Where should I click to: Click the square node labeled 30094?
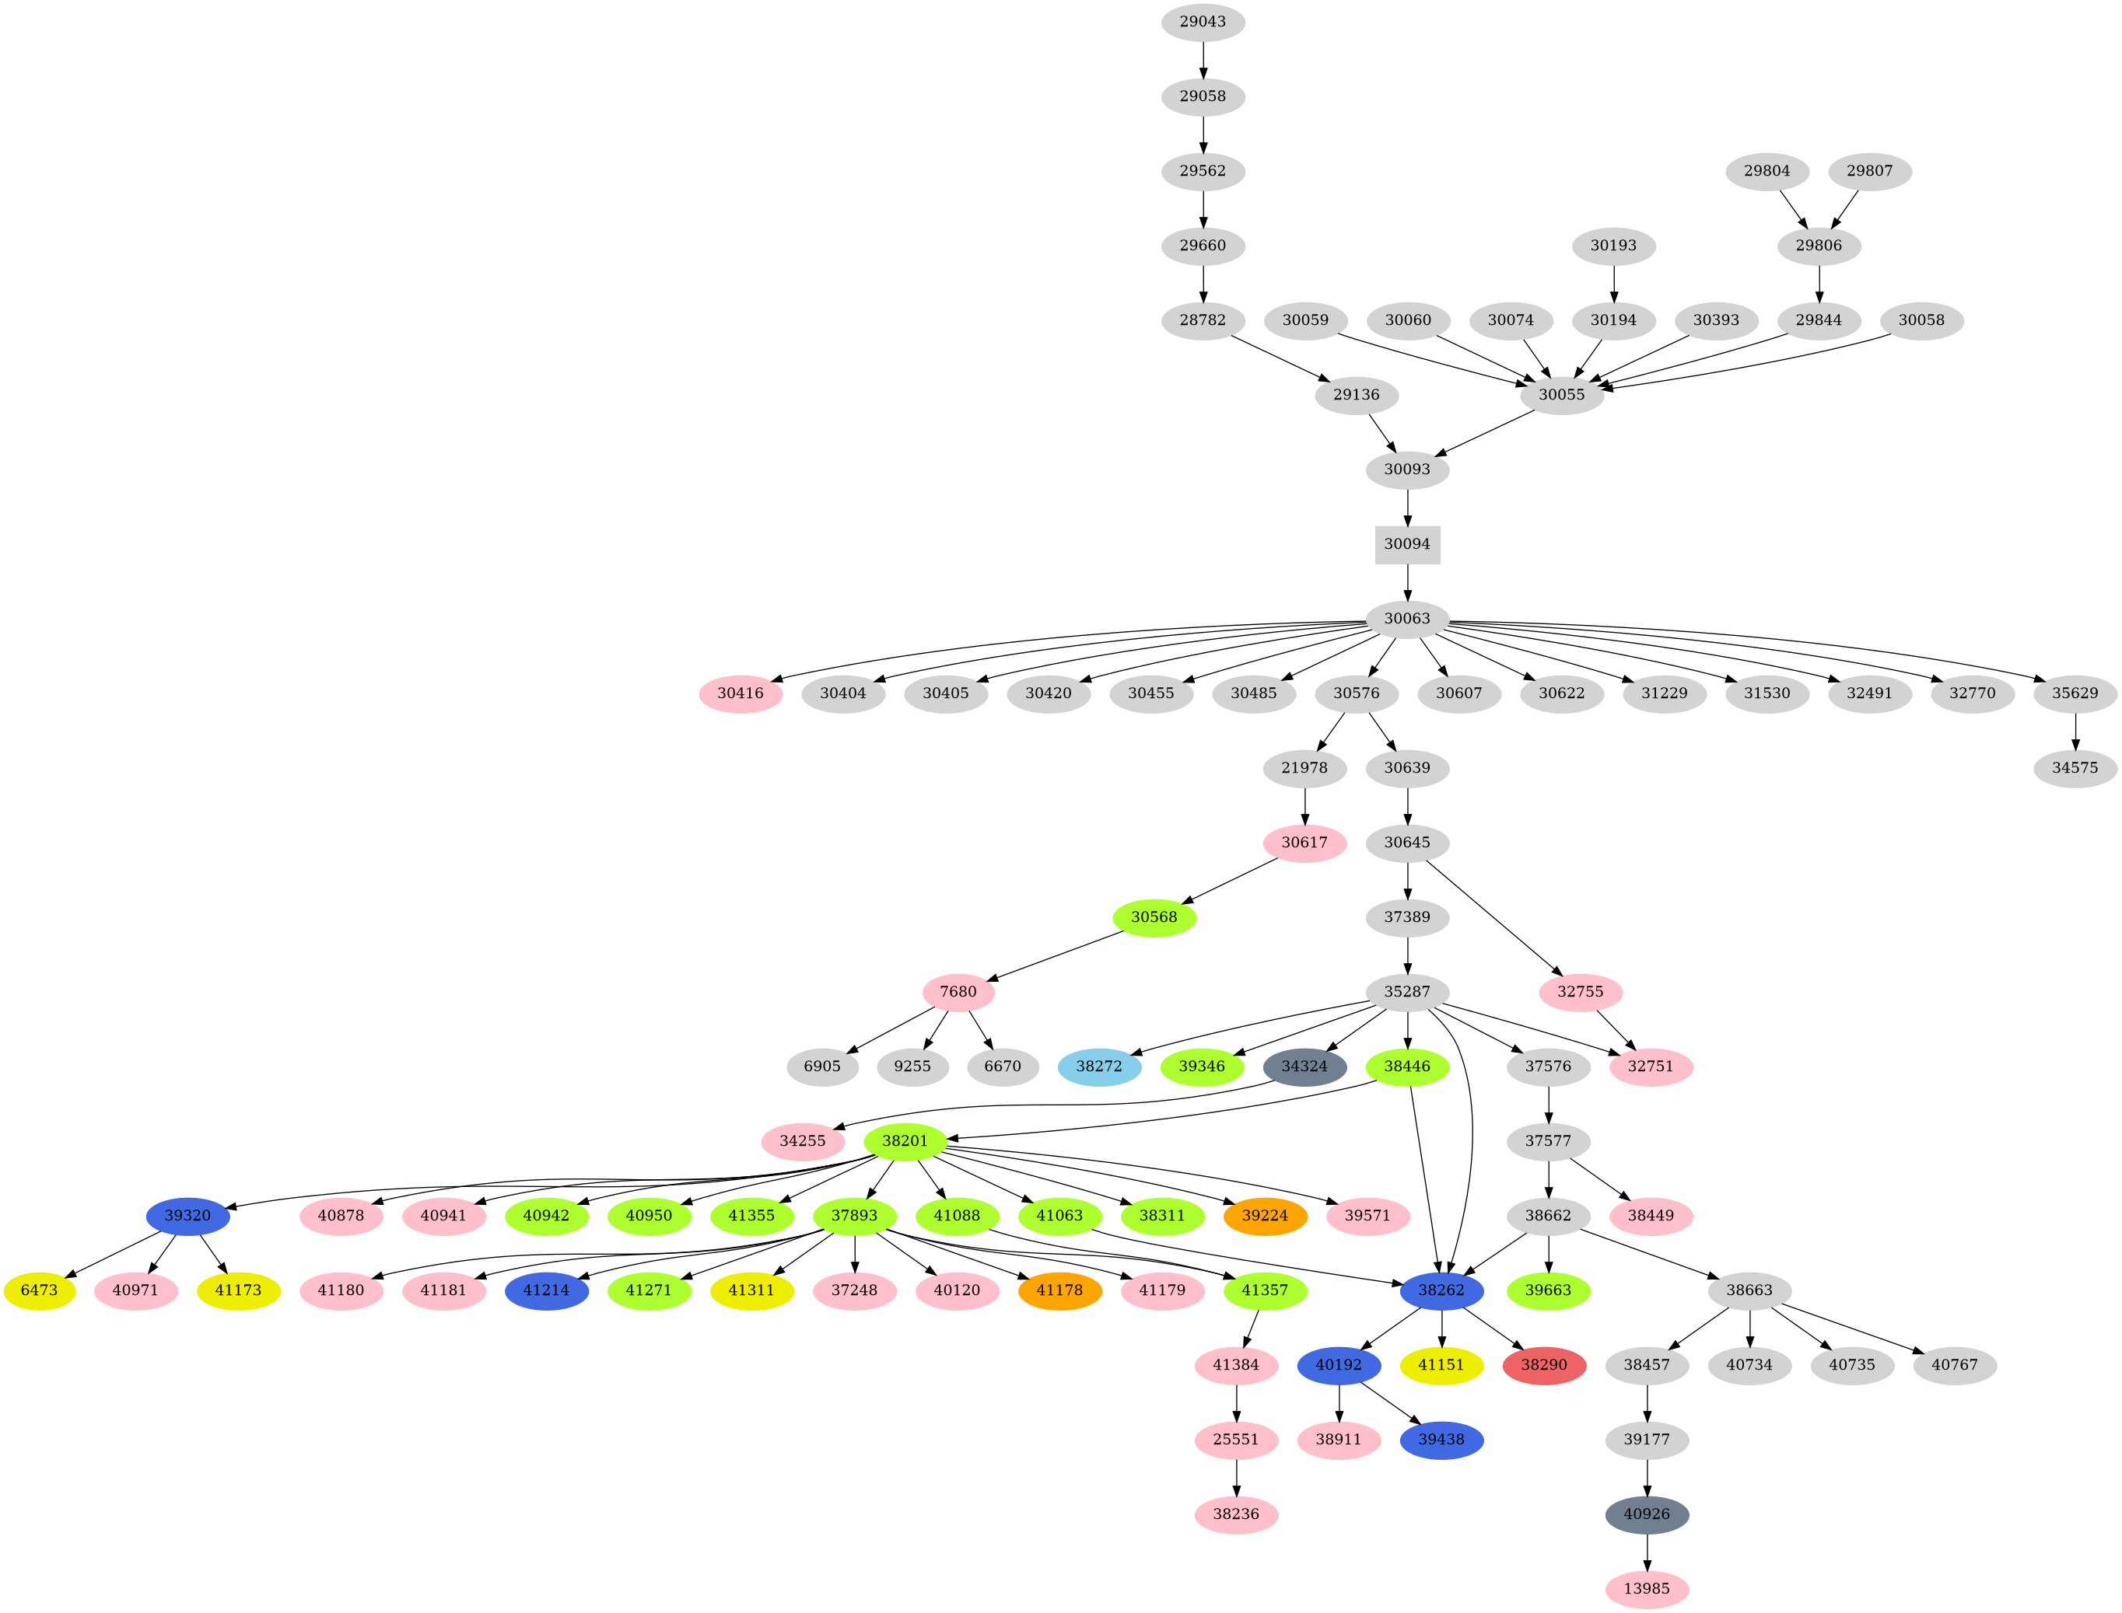coord(1406,544)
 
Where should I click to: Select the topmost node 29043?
coord(1203,22)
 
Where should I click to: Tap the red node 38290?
coord(1544,1365)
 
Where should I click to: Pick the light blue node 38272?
coord(1099,1067)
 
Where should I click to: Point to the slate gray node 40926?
coord(1647,1515)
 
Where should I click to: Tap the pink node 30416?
coord(740,693)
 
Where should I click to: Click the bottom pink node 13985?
coord(1647,1589)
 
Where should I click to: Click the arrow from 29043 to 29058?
coord(1203,60)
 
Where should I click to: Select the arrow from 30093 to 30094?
coord(1406,507)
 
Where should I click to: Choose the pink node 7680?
coord(958,992)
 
